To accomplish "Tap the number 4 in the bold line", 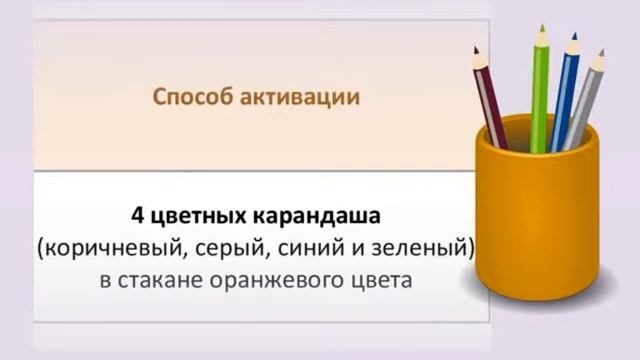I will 136,215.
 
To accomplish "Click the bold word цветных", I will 198,216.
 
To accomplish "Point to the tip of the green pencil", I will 541,30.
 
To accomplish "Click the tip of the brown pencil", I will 476,49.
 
